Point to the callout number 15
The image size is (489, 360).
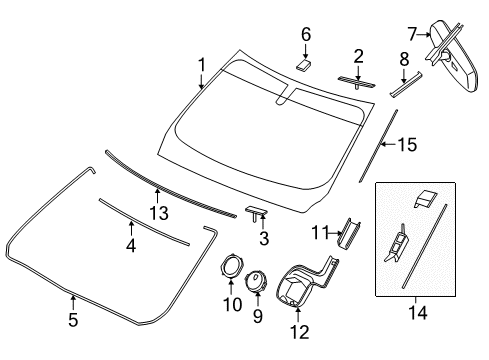pos(406,145)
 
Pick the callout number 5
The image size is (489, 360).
pos(73,321)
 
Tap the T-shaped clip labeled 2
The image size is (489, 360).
pos(355,79)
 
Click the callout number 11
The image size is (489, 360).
pos(318,235)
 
